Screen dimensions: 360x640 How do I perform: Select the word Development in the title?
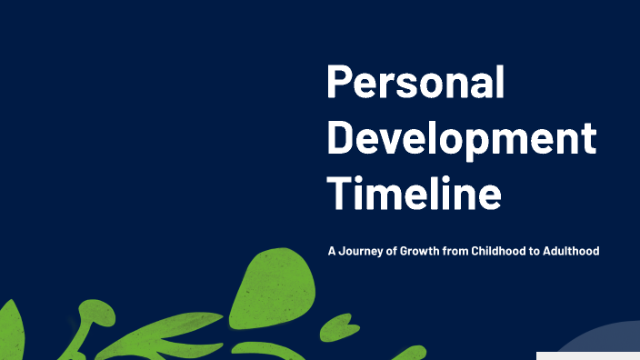coord(461,140)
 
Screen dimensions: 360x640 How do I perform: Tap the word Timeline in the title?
coord(414,193)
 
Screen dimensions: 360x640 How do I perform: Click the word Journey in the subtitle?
coord(361,251)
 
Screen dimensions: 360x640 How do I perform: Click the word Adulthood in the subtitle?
coord(570,251)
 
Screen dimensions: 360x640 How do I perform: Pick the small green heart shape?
coord(337,325)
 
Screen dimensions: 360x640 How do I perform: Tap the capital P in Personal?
coord(339,84)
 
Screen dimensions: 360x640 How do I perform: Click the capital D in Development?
coord(340,138)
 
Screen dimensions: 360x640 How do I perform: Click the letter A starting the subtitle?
coord(332,251)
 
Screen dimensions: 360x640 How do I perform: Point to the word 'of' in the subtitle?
coord(393,251)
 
